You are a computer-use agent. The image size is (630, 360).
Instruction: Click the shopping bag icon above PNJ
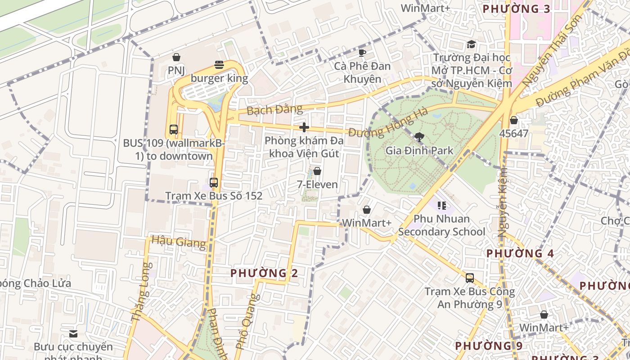click(x=176, y=57)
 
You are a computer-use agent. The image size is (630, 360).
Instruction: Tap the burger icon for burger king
click(x=219, y=65)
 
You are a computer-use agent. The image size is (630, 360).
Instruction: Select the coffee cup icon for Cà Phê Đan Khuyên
click(x=362, y=53)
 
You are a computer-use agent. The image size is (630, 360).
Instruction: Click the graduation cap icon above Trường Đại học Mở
click(x=471, y=44)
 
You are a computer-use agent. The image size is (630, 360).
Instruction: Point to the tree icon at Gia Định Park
click(x=419, y=136)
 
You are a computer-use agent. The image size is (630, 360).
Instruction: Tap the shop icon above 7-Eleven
click(x=317, y=171)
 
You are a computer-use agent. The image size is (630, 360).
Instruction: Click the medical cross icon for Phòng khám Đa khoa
click(x=304, y=127)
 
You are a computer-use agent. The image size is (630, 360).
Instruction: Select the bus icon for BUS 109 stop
click(x=174, y=130)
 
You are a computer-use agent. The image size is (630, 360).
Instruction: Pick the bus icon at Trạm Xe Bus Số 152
click(x=214, y=183)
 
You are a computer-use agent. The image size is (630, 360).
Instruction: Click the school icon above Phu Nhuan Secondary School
click(x=441, y=206)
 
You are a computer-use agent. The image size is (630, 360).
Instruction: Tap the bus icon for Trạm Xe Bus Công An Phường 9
click(x=470, y=278)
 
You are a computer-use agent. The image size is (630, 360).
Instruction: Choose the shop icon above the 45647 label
click(x=514, y=120)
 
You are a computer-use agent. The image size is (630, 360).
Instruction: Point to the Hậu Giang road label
click(x=179, y=242)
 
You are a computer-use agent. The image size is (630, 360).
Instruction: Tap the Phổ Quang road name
click(x=248, y=322)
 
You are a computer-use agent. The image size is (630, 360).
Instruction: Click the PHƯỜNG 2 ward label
click(x=264, y=273)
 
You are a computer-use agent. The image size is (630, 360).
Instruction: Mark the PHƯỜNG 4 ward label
click(x=520, y=253)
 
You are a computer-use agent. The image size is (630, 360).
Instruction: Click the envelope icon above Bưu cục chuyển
click(x=73, y=333)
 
